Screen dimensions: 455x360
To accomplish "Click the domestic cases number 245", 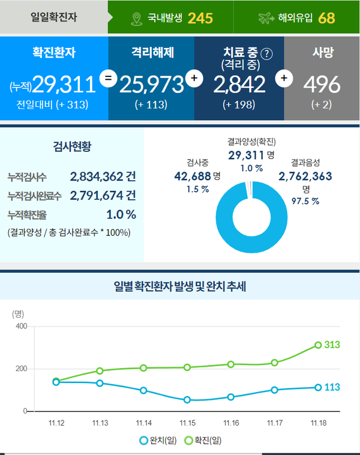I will (x=200, y=17).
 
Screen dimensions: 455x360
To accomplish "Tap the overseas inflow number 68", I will (x=326, y=17).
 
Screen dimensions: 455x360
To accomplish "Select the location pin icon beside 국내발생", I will (x=136, y=18).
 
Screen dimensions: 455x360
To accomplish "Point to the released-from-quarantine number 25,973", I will (x=151, y=85).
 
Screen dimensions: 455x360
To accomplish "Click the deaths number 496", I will (x=322, y=85).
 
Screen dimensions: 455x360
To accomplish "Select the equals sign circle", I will (x=108, y=78).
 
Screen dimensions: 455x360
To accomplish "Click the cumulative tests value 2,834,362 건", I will (x=103, y=177).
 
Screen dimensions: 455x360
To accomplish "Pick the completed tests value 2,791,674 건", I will (x=103, y=196).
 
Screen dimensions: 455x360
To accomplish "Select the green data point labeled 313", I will (x=319, y=345).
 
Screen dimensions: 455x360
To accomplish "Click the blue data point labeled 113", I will (x=319, y=387).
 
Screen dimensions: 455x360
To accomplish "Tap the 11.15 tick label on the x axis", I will (x=187, y=423).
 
